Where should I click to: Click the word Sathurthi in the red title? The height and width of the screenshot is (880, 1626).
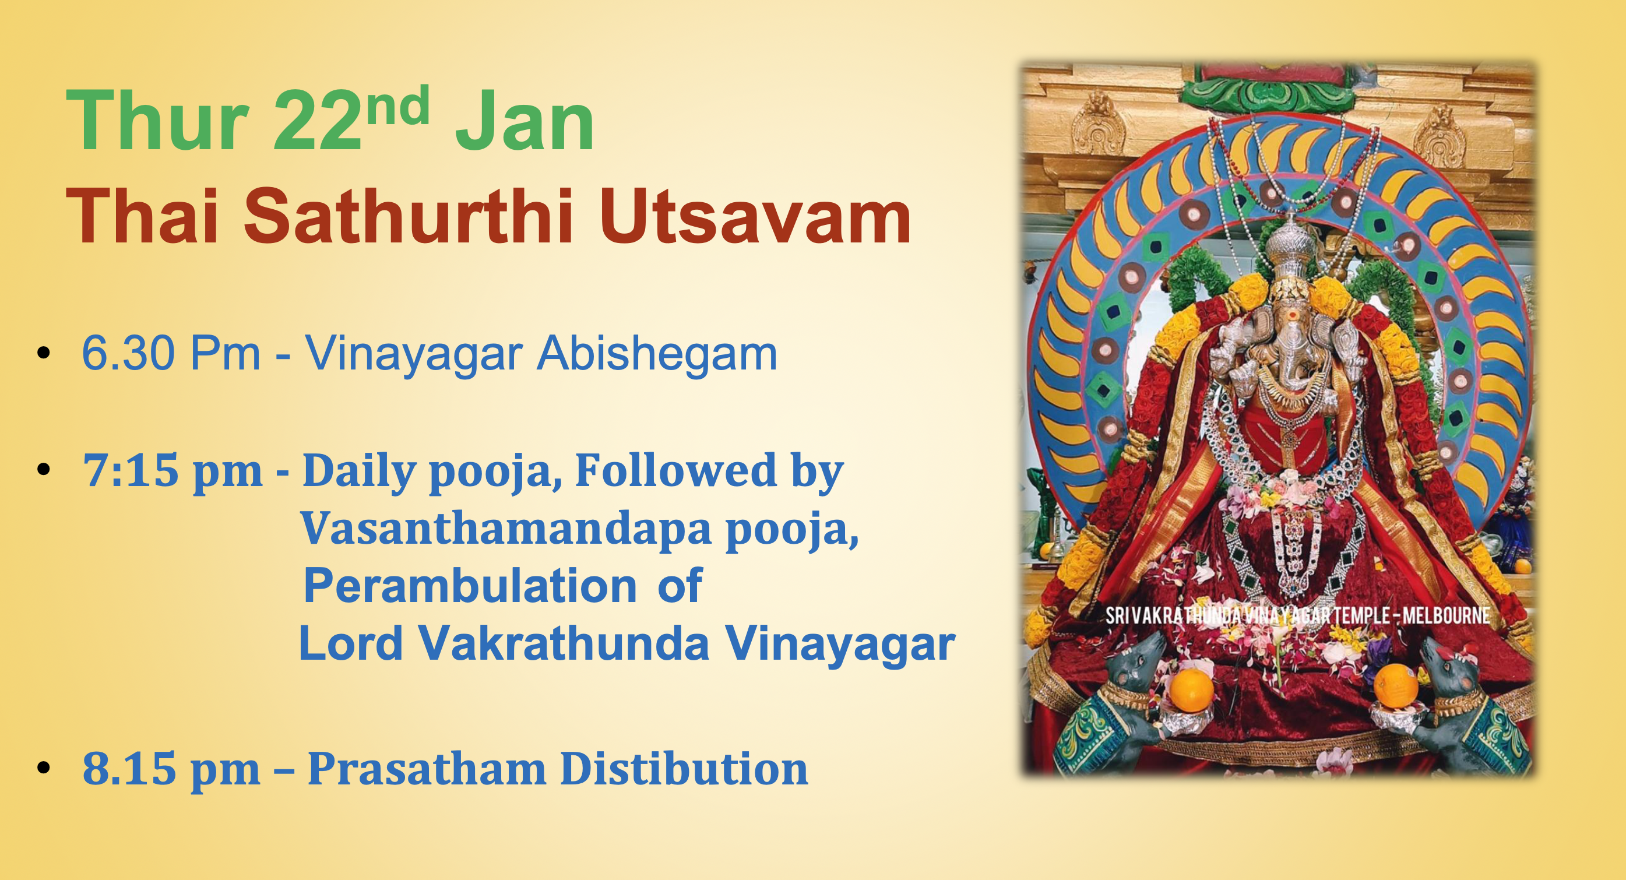tap(409, 217)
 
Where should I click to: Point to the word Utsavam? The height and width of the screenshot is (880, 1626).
tap(754, 217)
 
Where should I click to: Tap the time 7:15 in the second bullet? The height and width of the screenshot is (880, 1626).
tap(129, 470)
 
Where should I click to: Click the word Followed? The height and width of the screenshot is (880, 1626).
tap(675, 470)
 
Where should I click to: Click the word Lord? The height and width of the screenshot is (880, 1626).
tap(350, 644)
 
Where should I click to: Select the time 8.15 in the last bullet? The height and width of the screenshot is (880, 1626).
tap(129, 769)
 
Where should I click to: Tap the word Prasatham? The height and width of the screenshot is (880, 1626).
tap(427, 769)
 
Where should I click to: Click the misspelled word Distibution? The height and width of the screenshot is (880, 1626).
tap(684, 769)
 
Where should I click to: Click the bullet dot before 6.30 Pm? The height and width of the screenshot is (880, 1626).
tap(43, 353)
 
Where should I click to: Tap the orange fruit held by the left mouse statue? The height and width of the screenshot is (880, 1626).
tap(1192, 689)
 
